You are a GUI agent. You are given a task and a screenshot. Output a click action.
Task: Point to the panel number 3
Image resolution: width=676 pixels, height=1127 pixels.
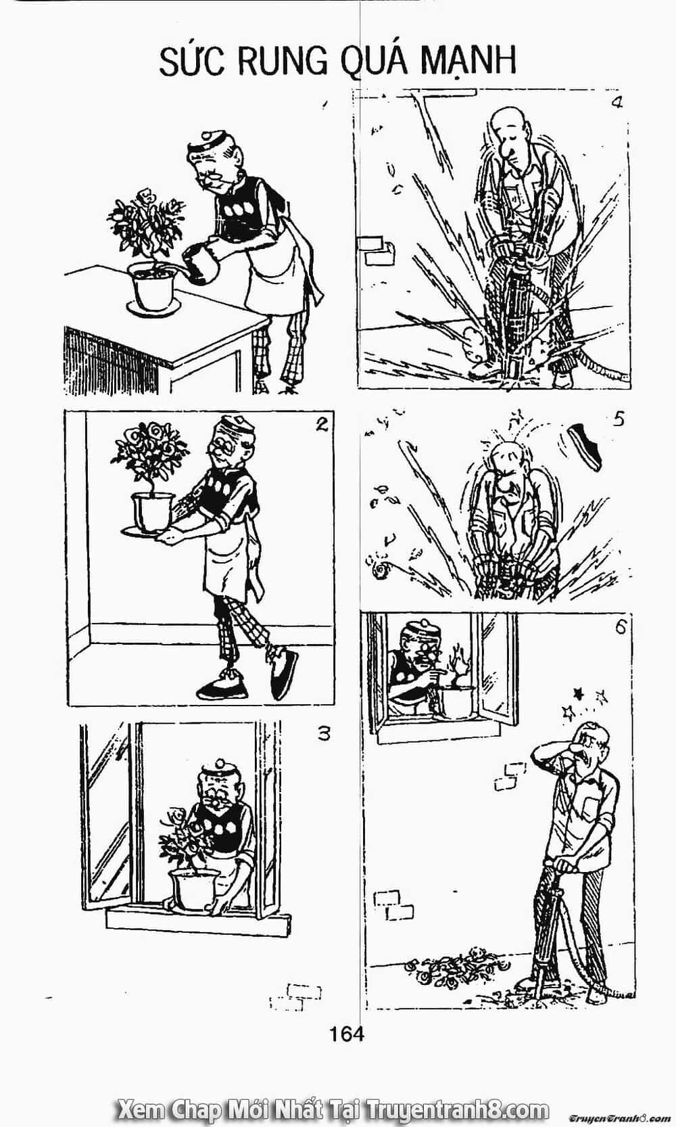(324, 734)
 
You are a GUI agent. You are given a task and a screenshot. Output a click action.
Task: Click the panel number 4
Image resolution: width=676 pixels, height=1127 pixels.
(617, 103)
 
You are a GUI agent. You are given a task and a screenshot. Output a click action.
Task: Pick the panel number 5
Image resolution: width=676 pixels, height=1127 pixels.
(619, 419)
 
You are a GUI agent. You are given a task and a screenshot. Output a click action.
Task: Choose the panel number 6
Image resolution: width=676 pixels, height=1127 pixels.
(620, 627)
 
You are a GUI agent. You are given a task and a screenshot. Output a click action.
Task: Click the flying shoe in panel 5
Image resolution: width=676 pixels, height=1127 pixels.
(585, 446)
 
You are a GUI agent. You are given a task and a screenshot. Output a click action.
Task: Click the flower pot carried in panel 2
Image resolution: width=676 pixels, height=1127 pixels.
(151, 514)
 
